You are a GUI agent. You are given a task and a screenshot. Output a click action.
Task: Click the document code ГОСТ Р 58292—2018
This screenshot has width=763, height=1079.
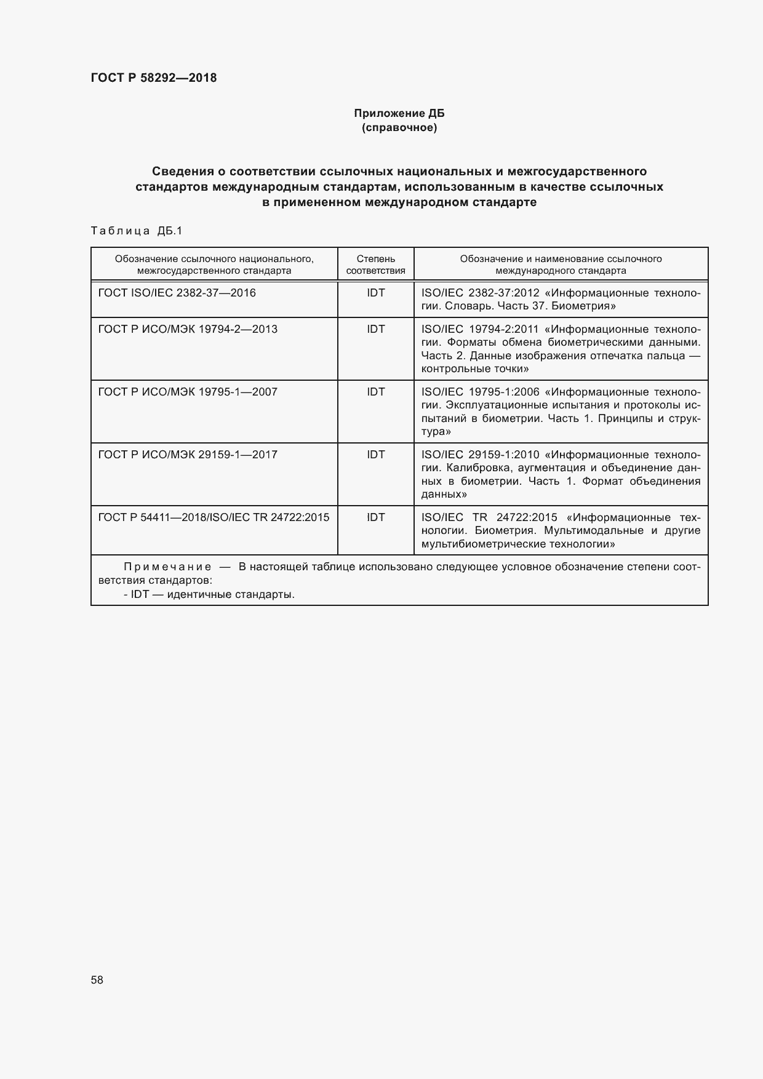(154, 78)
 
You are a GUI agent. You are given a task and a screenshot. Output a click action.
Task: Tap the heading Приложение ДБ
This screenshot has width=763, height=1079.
(399, 113)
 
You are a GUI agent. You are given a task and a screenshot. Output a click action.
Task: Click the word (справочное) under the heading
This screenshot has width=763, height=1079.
(399, 128)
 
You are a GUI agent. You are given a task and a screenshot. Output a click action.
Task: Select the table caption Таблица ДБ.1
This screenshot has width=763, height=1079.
(137, 231)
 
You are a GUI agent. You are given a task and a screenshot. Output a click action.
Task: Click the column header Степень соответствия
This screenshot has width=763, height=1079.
(375, 265)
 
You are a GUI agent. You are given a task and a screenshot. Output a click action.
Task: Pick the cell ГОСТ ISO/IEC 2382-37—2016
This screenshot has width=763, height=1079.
(177, 293)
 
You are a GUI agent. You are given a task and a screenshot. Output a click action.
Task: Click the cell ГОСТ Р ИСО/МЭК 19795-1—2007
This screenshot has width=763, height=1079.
(188, 392)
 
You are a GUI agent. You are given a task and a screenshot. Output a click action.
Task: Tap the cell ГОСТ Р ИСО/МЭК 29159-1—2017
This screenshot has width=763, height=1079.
(188, 455)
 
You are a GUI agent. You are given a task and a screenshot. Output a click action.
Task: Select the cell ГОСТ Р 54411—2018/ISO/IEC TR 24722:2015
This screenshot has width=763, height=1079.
(214, 517)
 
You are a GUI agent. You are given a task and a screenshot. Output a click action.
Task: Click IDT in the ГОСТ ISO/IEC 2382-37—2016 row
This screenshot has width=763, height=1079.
(375, 293)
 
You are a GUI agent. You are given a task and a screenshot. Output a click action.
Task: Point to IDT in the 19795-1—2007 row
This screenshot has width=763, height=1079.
(375, 392)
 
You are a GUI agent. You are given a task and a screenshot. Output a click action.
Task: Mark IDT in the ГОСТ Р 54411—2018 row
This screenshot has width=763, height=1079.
(375, 517)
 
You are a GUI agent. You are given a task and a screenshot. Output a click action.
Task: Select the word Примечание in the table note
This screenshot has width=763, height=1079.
(167, 567)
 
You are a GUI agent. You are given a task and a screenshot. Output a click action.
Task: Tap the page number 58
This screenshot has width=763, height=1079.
(97, 980)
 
